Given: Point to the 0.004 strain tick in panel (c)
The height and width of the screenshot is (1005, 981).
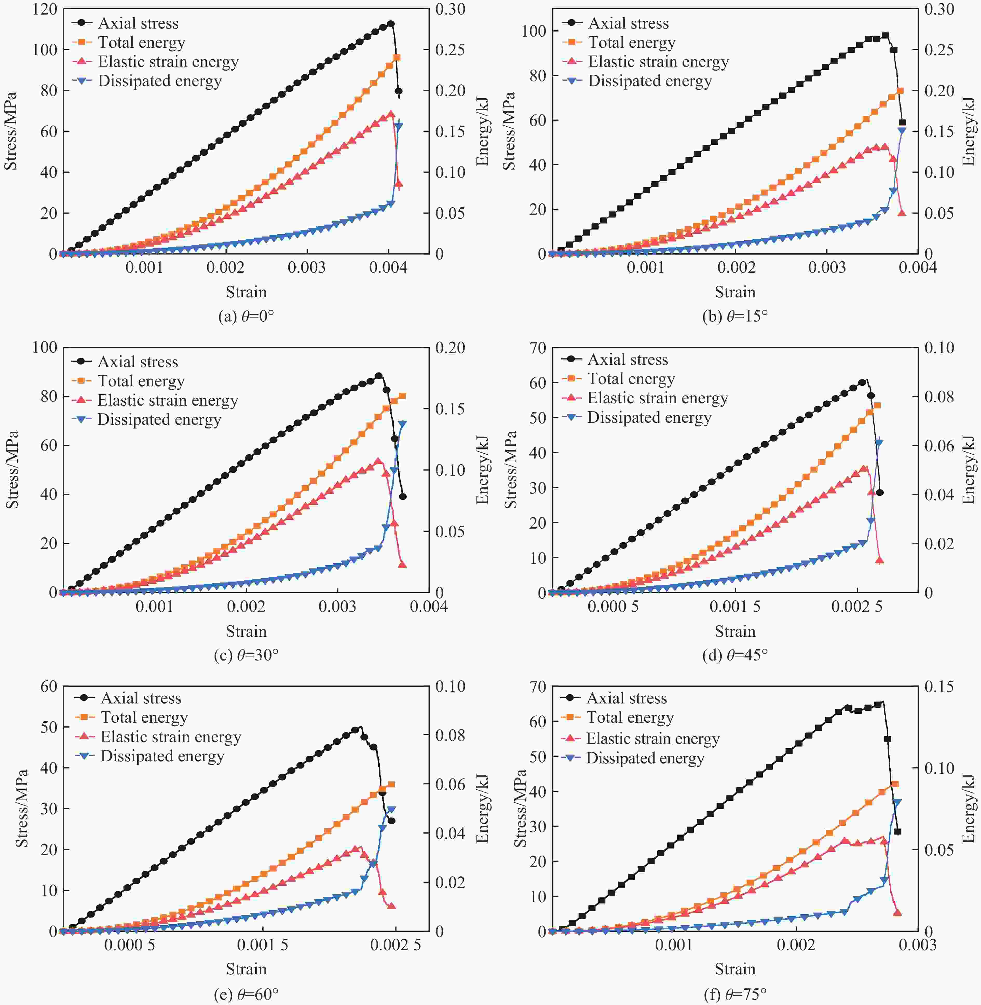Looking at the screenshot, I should tap(429, 607).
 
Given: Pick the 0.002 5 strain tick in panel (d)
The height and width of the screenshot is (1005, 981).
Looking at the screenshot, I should tap(856, 607).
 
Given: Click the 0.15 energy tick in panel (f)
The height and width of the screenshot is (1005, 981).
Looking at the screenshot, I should tap(939, 687).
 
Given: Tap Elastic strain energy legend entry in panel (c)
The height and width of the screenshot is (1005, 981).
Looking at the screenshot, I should tap(167, 400).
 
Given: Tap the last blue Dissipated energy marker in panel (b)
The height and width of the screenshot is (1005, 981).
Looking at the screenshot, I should tap(902, 131).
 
